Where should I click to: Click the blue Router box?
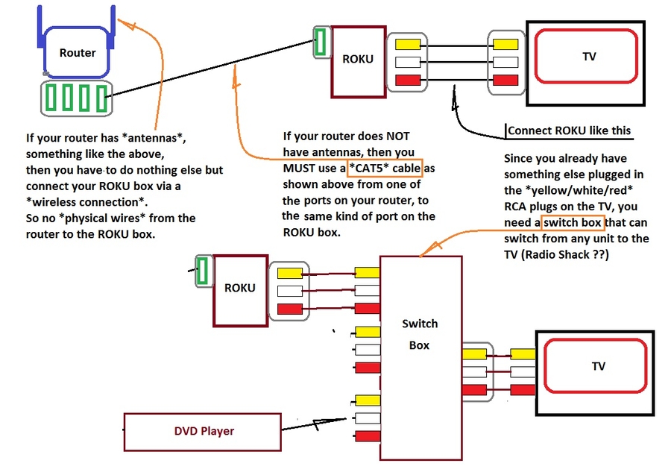coord(78,53)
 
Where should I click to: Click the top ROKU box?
coord(358,60)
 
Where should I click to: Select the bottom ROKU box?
coord(240,288)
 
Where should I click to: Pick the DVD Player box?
coord(204,431)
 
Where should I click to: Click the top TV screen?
coord(589,57)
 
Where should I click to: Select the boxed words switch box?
coord(573,222)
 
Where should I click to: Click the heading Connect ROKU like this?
coord(569,130)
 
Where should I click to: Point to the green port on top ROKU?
coord(321,42)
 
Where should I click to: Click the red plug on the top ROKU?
coord(408,80)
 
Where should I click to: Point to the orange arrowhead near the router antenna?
coord(129,25)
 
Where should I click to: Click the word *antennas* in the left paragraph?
coord(153,138)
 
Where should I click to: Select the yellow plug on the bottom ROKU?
coord(291,273)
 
